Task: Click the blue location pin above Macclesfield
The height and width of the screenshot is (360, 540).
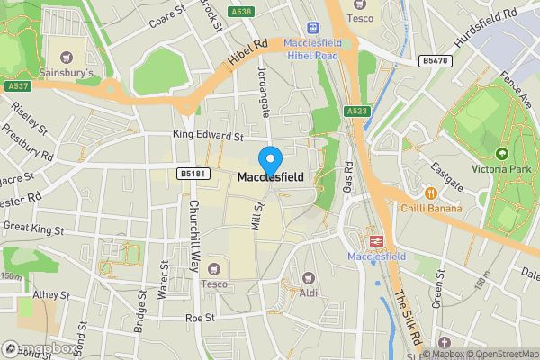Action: point(269,160)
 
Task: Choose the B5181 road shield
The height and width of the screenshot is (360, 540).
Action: point(190,173)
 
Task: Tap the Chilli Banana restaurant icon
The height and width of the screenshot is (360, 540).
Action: point(431,193)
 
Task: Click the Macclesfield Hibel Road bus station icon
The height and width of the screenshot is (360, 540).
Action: point(314,28)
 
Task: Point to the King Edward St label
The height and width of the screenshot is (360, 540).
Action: point(209,136)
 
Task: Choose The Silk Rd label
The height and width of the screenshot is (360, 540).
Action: point(408,315)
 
